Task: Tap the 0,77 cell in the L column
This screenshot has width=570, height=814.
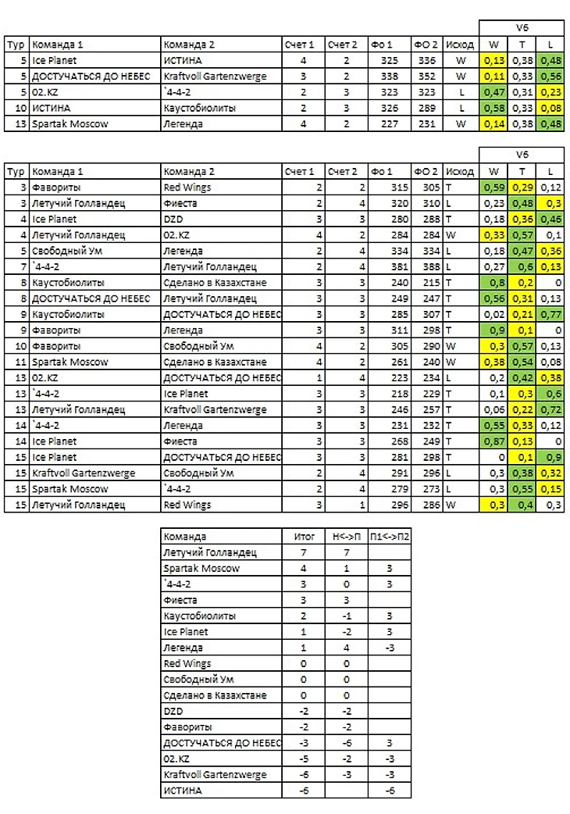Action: point(550,315)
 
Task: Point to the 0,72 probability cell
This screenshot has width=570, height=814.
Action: point(550,409)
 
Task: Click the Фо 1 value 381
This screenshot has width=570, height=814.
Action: point(389,267)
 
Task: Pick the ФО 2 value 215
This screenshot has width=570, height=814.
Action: point(429,283)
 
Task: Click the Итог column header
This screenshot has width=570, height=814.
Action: point(305,537)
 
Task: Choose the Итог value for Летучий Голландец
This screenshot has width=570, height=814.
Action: point(305,552)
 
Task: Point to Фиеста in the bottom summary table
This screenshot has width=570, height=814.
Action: point(180,600)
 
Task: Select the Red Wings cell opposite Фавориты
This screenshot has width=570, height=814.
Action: point(187,187)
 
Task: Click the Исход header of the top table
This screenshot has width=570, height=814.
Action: point(460,45)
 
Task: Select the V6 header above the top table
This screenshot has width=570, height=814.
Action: point(522,27)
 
